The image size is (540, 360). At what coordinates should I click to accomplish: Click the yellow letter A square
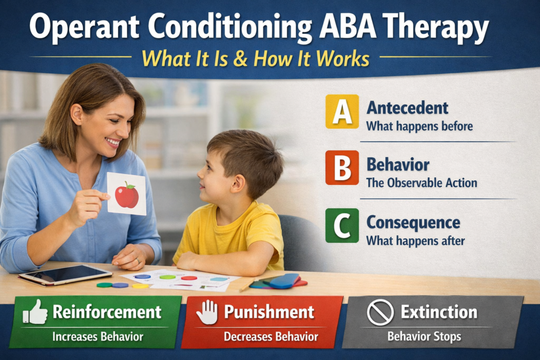click(x=342, y=111)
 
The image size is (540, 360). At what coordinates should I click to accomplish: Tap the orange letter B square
click(x=342, y=168)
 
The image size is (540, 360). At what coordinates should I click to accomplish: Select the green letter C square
click(x=342, y=225)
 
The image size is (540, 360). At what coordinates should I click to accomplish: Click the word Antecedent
click(x=407, y=108)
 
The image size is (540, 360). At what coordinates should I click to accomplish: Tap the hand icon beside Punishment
click(x=207, y=313)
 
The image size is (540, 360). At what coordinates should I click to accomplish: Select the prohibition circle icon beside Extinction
click(x=380, y=313)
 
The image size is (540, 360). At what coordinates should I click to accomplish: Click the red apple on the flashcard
click(x=127, y=196)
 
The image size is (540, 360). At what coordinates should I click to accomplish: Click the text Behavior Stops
click(x=424, y=336)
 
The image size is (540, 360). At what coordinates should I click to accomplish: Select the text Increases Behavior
click(x=95, y=336)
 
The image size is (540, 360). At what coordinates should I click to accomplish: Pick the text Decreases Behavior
click(x=271, y=336)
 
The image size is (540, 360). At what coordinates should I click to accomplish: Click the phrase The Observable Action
click(x=421, y=183)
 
